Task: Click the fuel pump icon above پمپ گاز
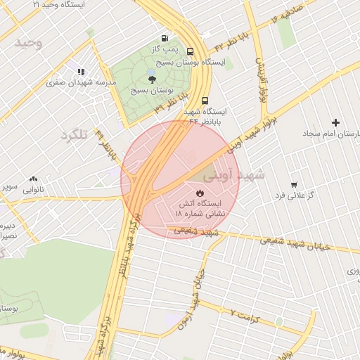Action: pyautogui.click(x=165, y=38)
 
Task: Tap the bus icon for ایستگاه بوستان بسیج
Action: pyautogui.click(x=191, y=51)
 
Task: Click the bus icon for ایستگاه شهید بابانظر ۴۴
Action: pyautogui.click(x=205, y=101)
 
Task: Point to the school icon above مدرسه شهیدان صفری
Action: pyautogui.click(x=81, y=71)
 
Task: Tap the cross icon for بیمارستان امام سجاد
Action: pyautogui.click(x=335, y=122)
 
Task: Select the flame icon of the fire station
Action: pyautogui.click(x=200, y=191)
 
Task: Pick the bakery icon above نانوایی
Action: pyautogui.click(x=33, y=179)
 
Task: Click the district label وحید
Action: pyautogui.click(x=29, y=44)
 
